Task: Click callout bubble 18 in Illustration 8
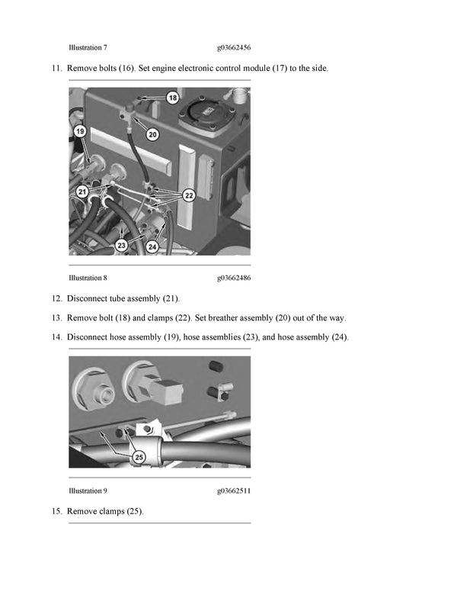pyautogui.click(x=172, y=98)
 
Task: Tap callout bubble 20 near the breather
pyautogui.click(x=152, y=134)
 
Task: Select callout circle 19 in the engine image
pyautogui.click(x=79, y=132)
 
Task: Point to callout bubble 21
pyautogui.click(x=81, y=191)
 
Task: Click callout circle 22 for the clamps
pyautogui.click(x=189, y=195)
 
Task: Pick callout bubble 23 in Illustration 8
pyautogui.click(x=121, y=245)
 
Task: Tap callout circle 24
pyautogui.click(x=152, y=246)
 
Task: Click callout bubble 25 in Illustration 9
pyautogui.click(x=139, y=457)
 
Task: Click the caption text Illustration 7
pyautogui.click(x=88, y=47)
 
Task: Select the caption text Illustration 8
pyautogui.click(x=88, y=278)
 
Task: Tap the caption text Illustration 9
pyautogui.click(x=88, y=491)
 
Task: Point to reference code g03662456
pyautogui.click(x=234, y=47)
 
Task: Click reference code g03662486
pyautogui.click(x=234, y=278)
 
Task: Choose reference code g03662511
pyautogui.click(x=234, y=491)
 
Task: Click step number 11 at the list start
pyautogui.click(x=56, y=69)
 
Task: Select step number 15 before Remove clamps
pyautogui.click(x=56, y=511)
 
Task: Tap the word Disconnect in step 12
pyautogui.click(x=86, y=298)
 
